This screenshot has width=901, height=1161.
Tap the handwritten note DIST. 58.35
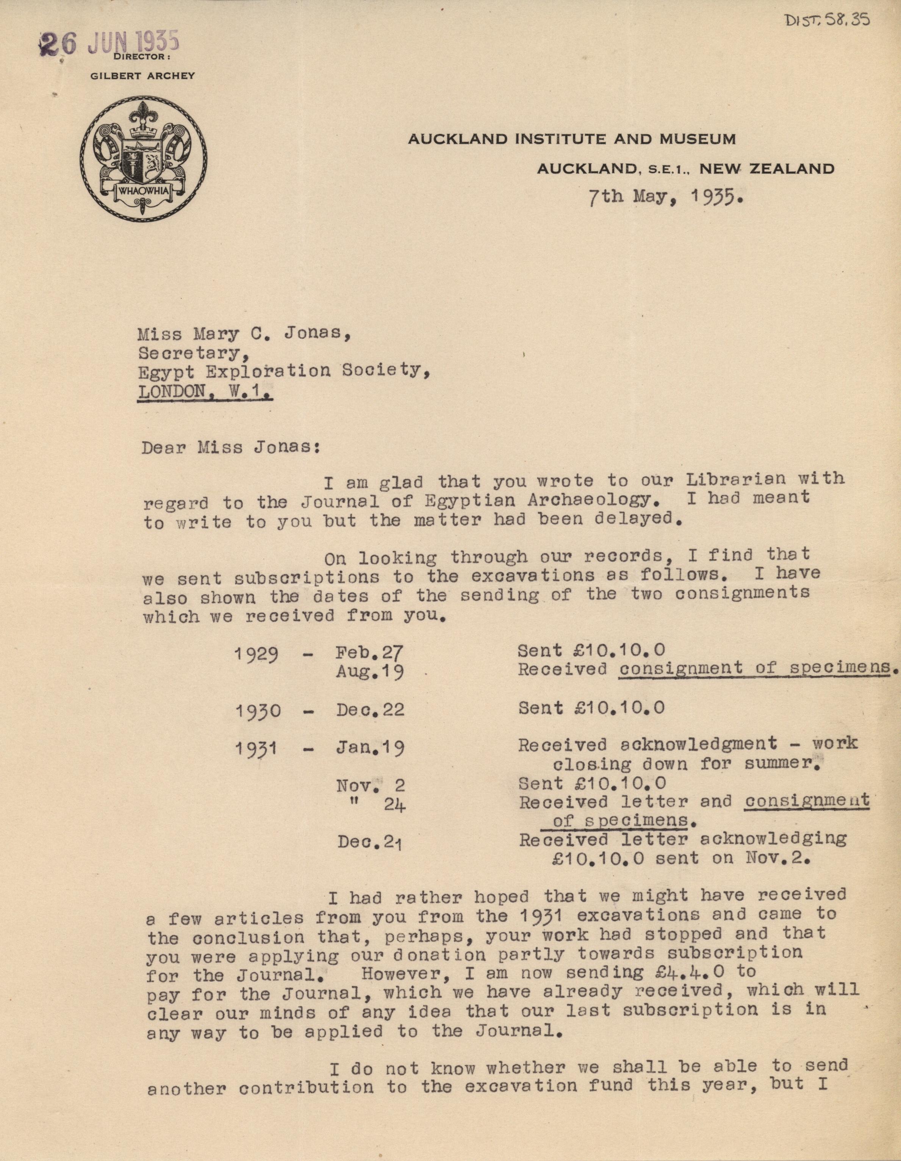pyautogui.click(x=827, y=20)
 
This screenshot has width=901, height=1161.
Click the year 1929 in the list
pyautogui.click(x=257, y=653)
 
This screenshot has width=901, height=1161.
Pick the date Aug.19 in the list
pyautogui.click(x=369, y=673)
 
